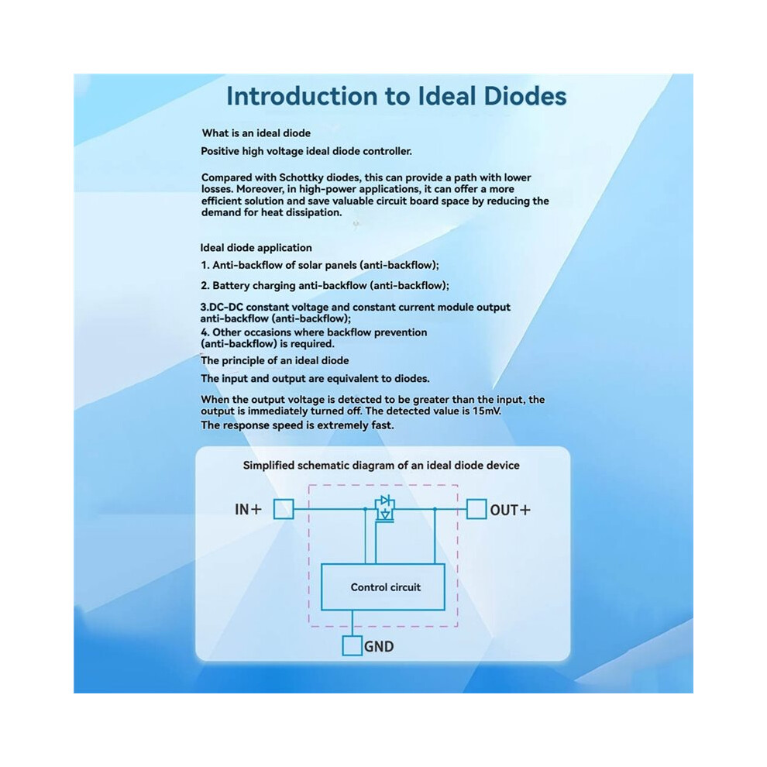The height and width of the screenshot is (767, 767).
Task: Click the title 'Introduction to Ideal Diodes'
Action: point(396,96)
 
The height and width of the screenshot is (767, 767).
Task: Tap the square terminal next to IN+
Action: point(284,509)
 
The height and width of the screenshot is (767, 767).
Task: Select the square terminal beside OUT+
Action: point(476,509)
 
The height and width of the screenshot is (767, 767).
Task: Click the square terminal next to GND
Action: point(353,645)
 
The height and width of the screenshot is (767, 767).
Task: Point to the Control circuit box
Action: point(383,587)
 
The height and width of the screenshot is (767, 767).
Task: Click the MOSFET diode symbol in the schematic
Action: point(385,509)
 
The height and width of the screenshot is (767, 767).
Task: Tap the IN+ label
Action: point(248,510)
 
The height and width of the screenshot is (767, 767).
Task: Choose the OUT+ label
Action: point(511,511)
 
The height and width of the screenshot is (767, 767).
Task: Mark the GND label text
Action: point(379,647)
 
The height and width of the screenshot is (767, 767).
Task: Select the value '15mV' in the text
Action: point(487,411)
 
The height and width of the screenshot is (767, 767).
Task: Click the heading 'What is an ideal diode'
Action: point(256,133)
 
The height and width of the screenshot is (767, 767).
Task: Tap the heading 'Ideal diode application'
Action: point(256,247)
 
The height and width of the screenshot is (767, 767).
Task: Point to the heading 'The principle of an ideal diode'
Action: point(274,360)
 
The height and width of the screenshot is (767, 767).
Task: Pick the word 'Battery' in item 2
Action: point(231,286)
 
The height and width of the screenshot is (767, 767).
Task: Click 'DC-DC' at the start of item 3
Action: point(226,308)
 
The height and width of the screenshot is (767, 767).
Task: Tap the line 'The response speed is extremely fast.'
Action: point(297,425)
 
